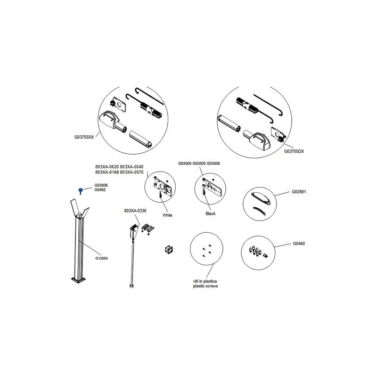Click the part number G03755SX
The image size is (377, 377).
(84, 137)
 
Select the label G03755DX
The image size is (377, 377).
(294, 151)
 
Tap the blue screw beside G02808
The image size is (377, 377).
(81, 191)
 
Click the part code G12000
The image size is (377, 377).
(101, 258)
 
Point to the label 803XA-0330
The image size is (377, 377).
(135, 211)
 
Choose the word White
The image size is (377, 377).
(167, 215)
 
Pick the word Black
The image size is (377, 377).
(210, 213)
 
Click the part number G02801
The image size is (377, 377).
(299, 192)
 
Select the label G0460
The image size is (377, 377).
(299, 244)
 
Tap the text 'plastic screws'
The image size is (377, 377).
(205, 286)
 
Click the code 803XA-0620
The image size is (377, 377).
(107, 167)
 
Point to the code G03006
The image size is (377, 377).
(213, 164)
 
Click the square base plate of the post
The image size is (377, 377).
(78, 279)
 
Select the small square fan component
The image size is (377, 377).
(169, 249)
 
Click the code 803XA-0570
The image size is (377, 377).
(131, 172)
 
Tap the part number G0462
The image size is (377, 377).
(100, 190)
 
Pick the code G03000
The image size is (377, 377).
(185, 164)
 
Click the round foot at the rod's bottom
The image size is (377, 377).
(131, 286)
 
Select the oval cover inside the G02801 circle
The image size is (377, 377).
(262, 198)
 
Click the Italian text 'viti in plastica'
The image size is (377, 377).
(205, 281)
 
